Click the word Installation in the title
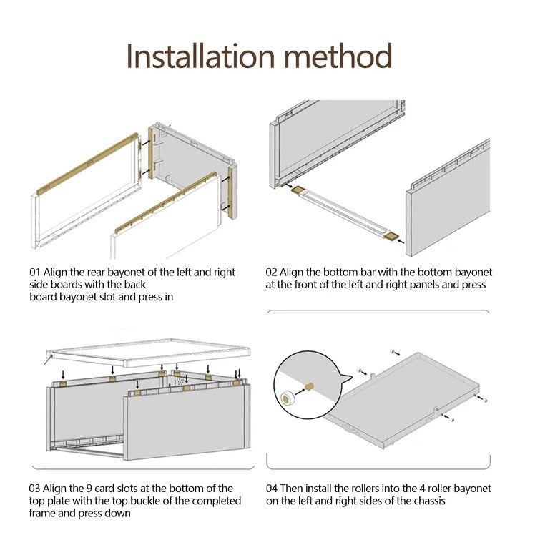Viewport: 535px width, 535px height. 200,57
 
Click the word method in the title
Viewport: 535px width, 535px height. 338,57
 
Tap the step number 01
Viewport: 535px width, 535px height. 35,273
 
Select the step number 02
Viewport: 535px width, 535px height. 271,273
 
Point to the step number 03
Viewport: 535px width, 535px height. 34,489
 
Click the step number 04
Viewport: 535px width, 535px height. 272,489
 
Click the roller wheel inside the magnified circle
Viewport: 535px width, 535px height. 288,398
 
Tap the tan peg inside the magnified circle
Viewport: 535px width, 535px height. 309,386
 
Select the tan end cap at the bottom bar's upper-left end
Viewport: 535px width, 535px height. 298,190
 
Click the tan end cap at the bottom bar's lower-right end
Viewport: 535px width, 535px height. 391,237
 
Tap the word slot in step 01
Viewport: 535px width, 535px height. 108,297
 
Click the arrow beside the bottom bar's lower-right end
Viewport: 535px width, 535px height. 401,241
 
